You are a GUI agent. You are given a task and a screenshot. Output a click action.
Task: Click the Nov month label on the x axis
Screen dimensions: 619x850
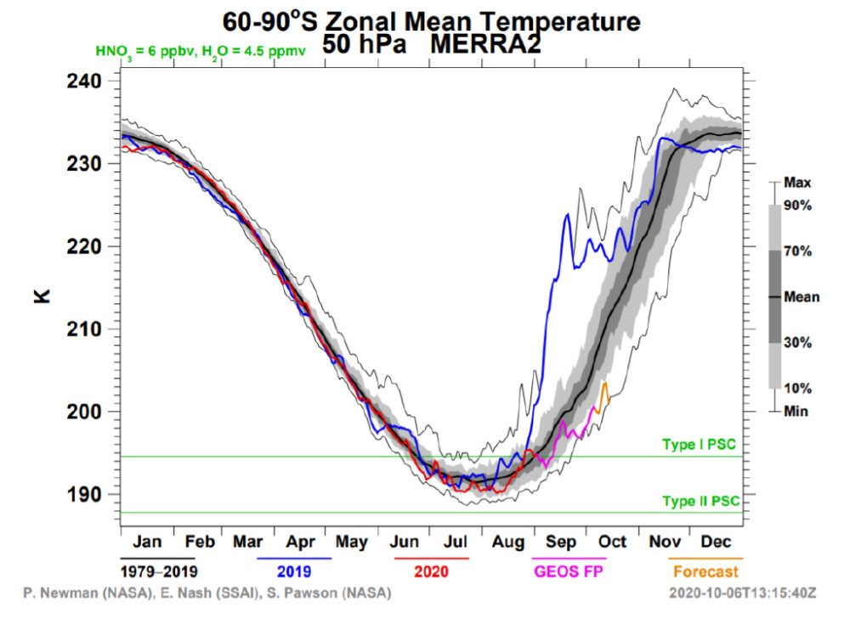tap(669, 542)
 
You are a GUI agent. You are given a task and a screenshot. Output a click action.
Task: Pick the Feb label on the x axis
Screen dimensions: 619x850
tap(201, 542)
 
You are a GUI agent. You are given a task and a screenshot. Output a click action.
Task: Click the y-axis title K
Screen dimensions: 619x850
tap(42, 296)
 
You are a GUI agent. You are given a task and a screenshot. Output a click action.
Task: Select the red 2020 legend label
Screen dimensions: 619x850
tap(432, 571)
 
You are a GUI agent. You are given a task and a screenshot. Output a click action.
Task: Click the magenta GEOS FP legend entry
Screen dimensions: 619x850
tap(569, 571)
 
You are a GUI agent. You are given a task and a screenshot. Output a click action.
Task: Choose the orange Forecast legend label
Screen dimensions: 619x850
tap(704, 571)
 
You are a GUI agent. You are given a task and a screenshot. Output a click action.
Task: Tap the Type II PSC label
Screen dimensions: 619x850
tap(700, 502)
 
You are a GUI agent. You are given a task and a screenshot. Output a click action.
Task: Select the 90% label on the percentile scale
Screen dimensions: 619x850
tap(800, 205)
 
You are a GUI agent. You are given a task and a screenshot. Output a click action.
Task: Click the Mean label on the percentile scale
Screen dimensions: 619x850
tap(802, 297)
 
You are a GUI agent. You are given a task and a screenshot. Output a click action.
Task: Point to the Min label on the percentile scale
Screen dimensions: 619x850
tap(797, 411)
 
